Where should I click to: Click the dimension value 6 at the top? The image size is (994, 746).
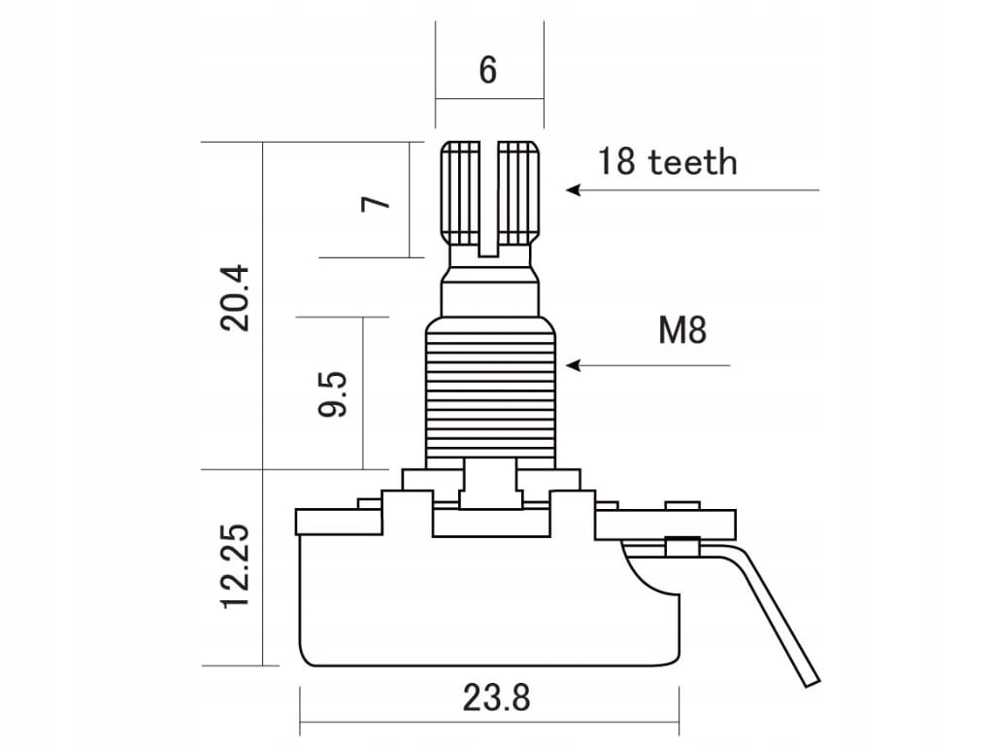point(488,70)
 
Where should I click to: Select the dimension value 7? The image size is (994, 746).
point(376,202)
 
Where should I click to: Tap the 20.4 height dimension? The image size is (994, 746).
point(236,298)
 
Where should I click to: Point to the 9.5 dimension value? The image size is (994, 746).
point(333,393)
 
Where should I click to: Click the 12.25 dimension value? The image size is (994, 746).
point(236,566)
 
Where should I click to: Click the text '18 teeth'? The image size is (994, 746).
point(667,161)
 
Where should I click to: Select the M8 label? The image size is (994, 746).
point(682,331)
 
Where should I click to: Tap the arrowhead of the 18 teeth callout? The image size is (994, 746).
point(573,190)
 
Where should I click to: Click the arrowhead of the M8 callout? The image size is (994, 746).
point(573,365)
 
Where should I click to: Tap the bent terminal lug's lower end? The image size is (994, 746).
point(806,675)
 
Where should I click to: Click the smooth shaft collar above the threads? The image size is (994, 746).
point(489,295)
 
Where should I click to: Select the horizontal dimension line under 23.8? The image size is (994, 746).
point(489,722)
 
